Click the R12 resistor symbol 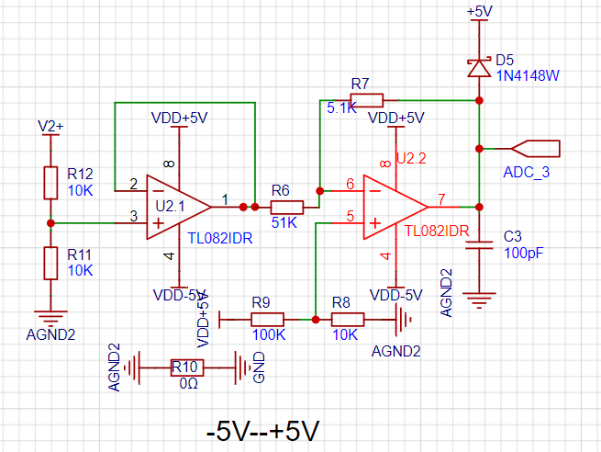(x=50, y=183)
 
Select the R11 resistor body (x=50, y=264)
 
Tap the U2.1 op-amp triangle (x=179, y=208)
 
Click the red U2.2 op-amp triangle (x=395, y=208)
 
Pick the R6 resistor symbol (x=287, y=208)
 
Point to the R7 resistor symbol (x=367, y=100)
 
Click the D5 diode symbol (x=479, y=68)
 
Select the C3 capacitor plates (x=479, y=245)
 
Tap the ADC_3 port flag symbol (x=536, y=149)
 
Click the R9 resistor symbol (x=268, y=319)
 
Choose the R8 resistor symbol (x=348, y=319)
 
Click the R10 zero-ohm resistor (x=187, y=367)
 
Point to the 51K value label (x=284, y=222)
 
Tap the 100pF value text (x=524, y=254)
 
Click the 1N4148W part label (x=528, y=76)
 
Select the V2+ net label (x=50, y=126)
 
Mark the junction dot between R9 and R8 (x=316, y=319)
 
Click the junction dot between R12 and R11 (x=50, y=223)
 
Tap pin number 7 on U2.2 (x=441, y=199)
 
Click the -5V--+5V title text (x=263, y=431)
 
